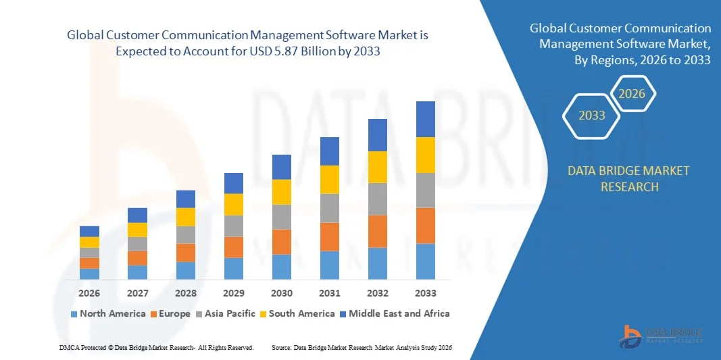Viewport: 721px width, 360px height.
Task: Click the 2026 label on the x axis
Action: coord(89,293)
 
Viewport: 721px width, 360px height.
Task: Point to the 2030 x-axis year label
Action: coord(282,293)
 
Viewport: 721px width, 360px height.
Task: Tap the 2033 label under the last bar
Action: coord(426,293)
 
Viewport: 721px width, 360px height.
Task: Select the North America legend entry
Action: coord(107,313)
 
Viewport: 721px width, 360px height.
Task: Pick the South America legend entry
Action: coord(297,313)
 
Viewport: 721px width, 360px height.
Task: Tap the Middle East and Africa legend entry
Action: coord(394,313)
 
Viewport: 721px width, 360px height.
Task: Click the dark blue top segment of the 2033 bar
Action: coord(426,119)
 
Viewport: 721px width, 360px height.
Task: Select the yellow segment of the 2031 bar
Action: coord(330,180)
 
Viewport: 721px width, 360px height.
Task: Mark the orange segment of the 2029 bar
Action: coord(234,247)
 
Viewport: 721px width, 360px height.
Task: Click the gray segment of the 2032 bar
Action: coord(378,199)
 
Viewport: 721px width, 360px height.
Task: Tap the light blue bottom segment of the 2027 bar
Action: coord(137,272)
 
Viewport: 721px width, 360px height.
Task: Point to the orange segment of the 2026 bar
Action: coord(89,263)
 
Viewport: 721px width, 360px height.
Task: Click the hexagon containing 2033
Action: coord(592,115)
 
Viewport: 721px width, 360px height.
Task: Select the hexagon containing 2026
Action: coord(632,94)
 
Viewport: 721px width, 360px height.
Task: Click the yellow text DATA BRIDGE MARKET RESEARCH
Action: coord(629,178)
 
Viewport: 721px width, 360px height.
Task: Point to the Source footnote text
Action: coord(361,347)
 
